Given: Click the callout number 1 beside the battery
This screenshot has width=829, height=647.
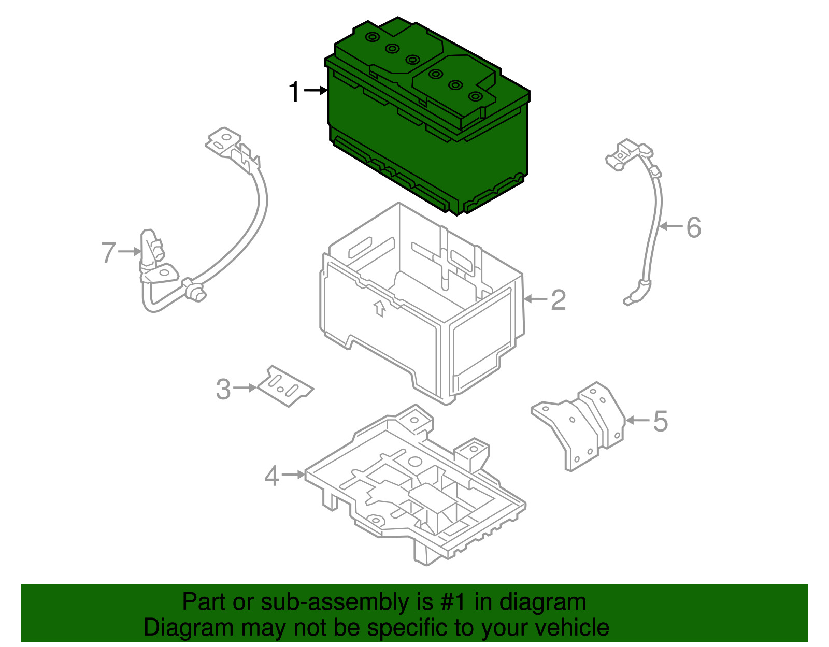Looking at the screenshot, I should (294, 92).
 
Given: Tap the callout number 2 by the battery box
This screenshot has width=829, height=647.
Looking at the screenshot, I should (558, 300).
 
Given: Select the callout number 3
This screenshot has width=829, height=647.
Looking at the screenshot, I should (223, 389).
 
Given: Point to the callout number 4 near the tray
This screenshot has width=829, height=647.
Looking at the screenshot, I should (271, 476).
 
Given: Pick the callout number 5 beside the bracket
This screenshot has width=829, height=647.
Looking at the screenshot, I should (660, 421).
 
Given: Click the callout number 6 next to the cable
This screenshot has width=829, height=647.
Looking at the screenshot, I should (694, 227).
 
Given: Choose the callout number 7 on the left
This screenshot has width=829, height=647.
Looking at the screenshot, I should (108, 252).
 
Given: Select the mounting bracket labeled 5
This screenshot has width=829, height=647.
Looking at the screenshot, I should (580, 425).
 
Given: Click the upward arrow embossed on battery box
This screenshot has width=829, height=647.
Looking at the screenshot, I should (380, 308).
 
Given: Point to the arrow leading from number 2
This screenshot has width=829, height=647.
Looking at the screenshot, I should (536, 299).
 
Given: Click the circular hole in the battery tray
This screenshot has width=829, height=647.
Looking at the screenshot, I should (414, 461).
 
